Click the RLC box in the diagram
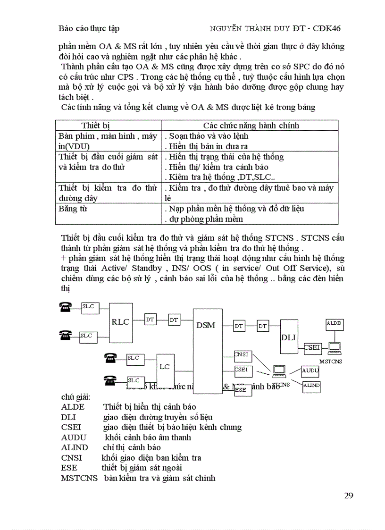[120, 322]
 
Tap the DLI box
[288, 337]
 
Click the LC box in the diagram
[164, 367]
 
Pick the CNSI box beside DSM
[243, 355]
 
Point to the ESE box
[241, 390]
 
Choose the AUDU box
[310, 371]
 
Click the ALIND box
[311, 386]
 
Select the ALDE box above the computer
[335, 324]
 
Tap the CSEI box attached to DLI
[312, 348]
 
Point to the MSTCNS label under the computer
[331, 362]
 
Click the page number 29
[349, 495]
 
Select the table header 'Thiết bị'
[95, 126]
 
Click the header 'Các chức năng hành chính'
[251, 126]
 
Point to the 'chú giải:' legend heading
[75, 397]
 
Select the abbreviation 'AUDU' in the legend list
[74, 437]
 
